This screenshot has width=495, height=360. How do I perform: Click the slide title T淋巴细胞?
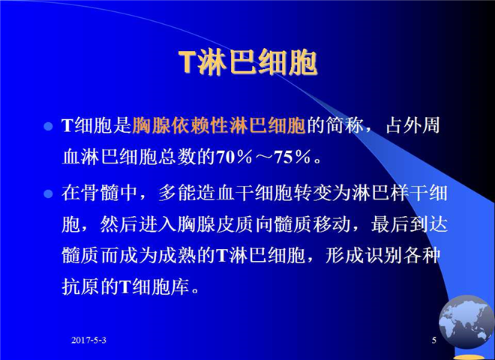[247, 62]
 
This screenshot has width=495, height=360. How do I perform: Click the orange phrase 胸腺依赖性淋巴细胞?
[219, 126]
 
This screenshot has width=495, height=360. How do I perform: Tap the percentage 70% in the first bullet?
[235, 157]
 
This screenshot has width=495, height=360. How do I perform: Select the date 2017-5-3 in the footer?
[88, 340]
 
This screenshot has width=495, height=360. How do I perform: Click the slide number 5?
[434, 340]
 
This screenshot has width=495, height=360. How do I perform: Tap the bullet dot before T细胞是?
[48, 126]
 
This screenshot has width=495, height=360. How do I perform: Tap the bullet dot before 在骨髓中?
[48, 193]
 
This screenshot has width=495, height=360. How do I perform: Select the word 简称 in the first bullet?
[346, 126]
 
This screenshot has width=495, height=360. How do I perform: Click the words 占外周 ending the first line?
[413, 126]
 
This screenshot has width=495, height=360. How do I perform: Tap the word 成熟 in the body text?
[178, 255]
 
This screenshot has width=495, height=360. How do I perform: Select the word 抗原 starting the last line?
[81, 286]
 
